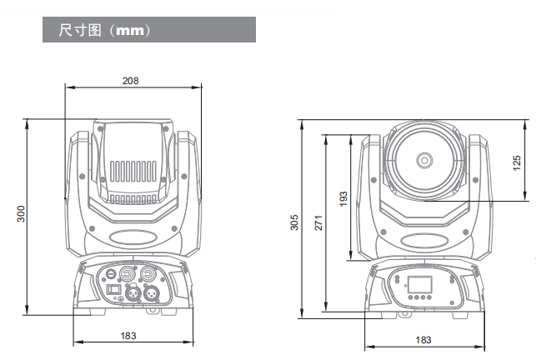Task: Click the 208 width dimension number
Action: pos(130,81)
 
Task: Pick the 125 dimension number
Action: pos(517,160)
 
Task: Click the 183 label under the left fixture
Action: pos(128,335)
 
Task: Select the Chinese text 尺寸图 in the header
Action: pos(79,31)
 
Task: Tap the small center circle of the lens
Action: pos(424,158)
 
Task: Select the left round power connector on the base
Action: pos(128,272)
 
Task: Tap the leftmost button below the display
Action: pos(410,297)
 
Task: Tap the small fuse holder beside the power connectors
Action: pos(109,272)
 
